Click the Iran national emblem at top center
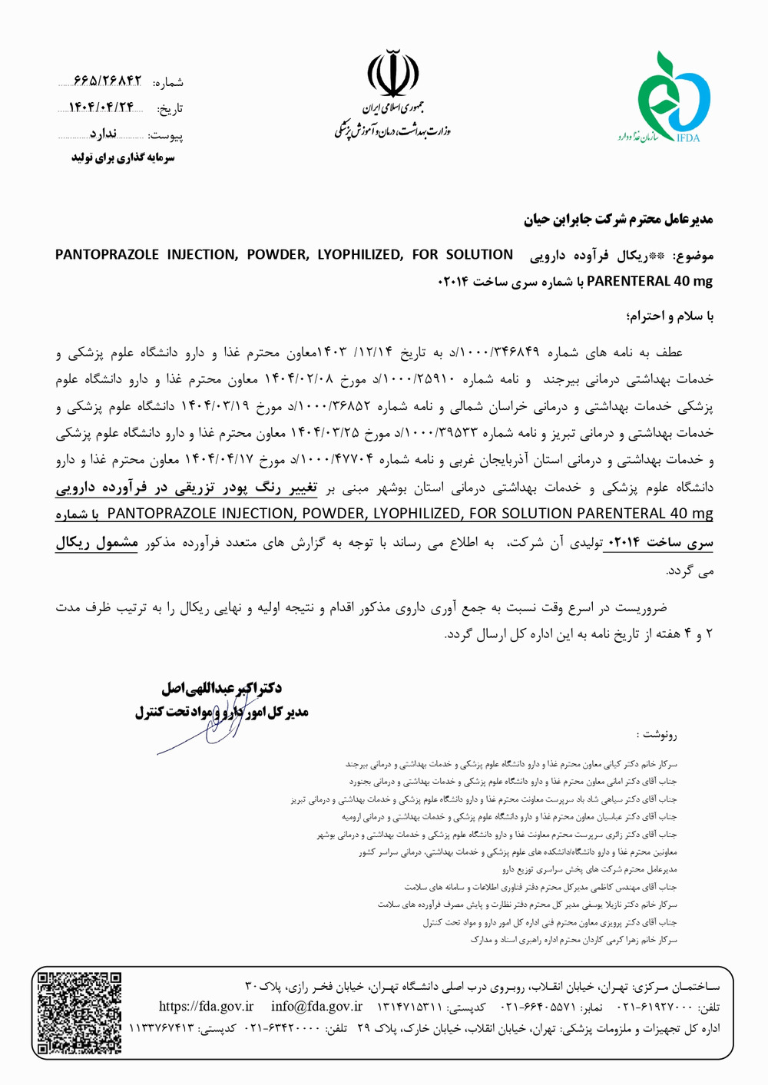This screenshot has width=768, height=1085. click(393, 74)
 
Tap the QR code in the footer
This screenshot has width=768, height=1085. click(80, 1013)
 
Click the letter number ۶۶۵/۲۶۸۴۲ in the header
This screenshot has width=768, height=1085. click(108, 81)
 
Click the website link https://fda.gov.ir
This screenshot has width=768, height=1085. click(206, 1006)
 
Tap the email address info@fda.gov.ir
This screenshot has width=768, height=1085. click(316, 1006)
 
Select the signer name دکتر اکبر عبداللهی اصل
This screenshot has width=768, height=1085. click(221, 687)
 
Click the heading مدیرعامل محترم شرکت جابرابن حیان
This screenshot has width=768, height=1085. click(618, 220)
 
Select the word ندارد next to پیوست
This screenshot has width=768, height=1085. click(102, 134)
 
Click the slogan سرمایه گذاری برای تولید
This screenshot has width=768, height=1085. click(123, 157)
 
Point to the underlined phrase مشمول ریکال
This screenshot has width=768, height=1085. click(97, 542)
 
